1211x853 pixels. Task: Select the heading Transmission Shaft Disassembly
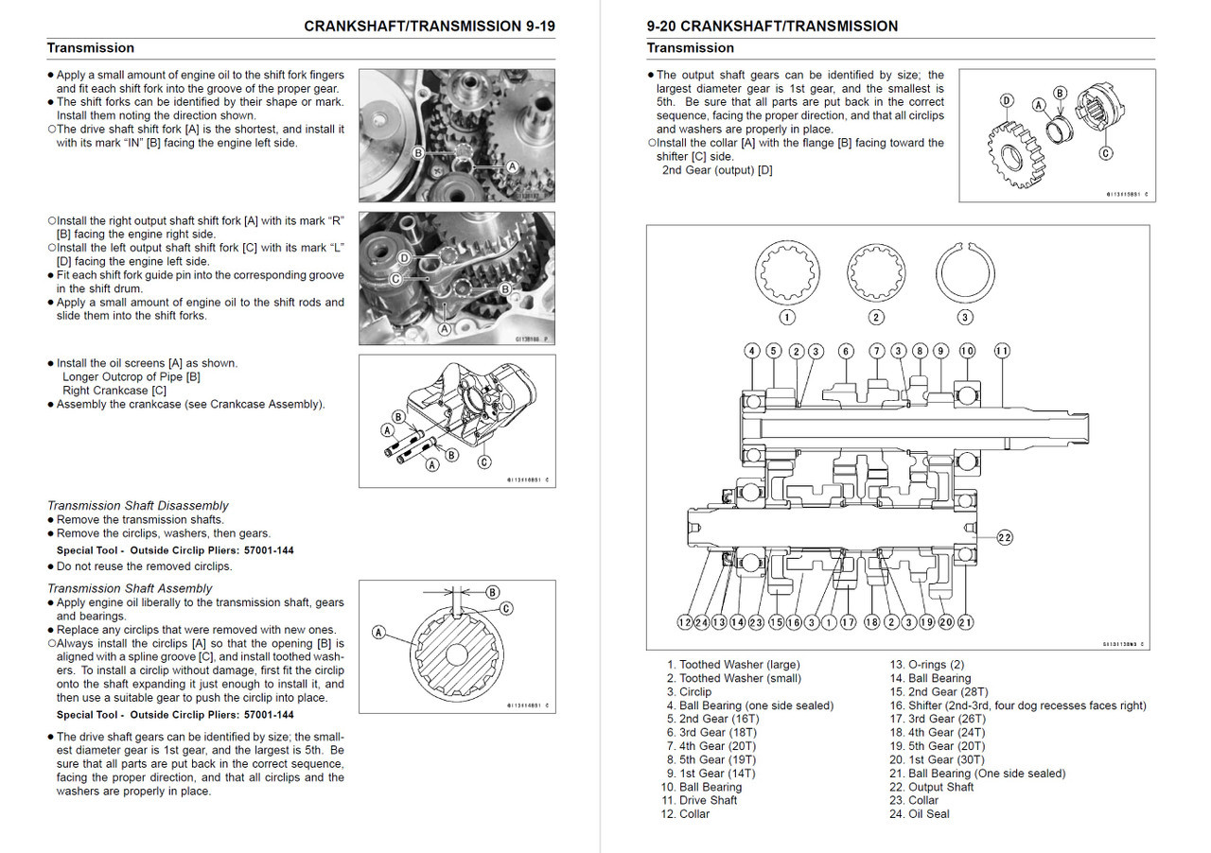tap(138, 506)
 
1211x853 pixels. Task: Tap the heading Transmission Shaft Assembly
tap(130, 588)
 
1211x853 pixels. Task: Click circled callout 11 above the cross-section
tap(1002, 351)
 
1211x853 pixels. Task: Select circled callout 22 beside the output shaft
tap(1004, 537)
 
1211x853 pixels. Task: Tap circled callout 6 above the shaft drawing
tap(846, 351)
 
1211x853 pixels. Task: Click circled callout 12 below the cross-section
tap(685, 622)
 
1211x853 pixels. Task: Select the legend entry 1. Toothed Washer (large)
tap(733, 665)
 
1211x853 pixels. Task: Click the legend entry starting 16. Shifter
tap(1017, 705)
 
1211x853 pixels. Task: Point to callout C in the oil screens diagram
tap(484, 462)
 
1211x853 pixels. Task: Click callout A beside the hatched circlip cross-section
tap(379, 633)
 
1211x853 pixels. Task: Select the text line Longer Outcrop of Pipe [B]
tap(132, 376)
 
